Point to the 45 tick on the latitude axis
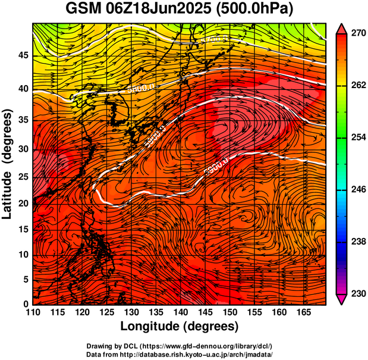point(23,55)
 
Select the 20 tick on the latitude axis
point(23,203)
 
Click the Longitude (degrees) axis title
point(180,326)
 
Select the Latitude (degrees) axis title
point(8,164)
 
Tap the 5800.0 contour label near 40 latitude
point(141,87)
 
